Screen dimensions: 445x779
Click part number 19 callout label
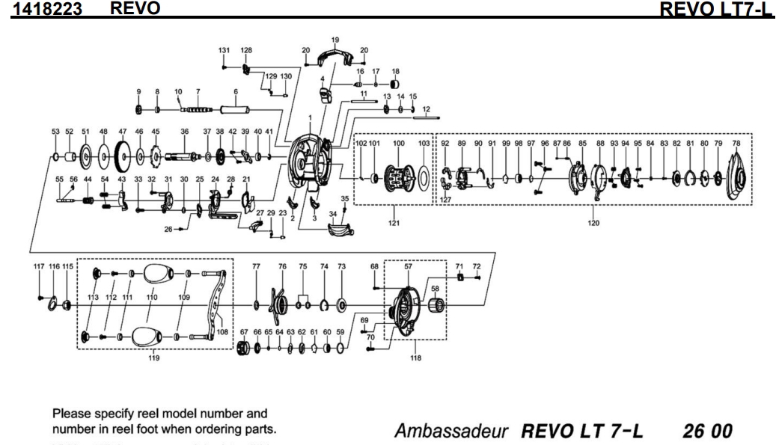pyautogui.click(x=334, y=39)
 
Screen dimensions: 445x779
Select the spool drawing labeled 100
pyautogui.click(x=398, y=178)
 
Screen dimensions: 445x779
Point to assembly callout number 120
pyautogui.click(x=593, y=223)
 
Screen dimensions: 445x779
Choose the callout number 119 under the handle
pyautogui.click(x=156, y=357)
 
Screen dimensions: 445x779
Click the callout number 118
pyautogui.click(x=416, y=357)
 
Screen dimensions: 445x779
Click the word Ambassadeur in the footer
pyautogui.click(x=465, y=411)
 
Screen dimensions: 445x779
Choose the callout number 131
pyautogui.click(x=224, y=50)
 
